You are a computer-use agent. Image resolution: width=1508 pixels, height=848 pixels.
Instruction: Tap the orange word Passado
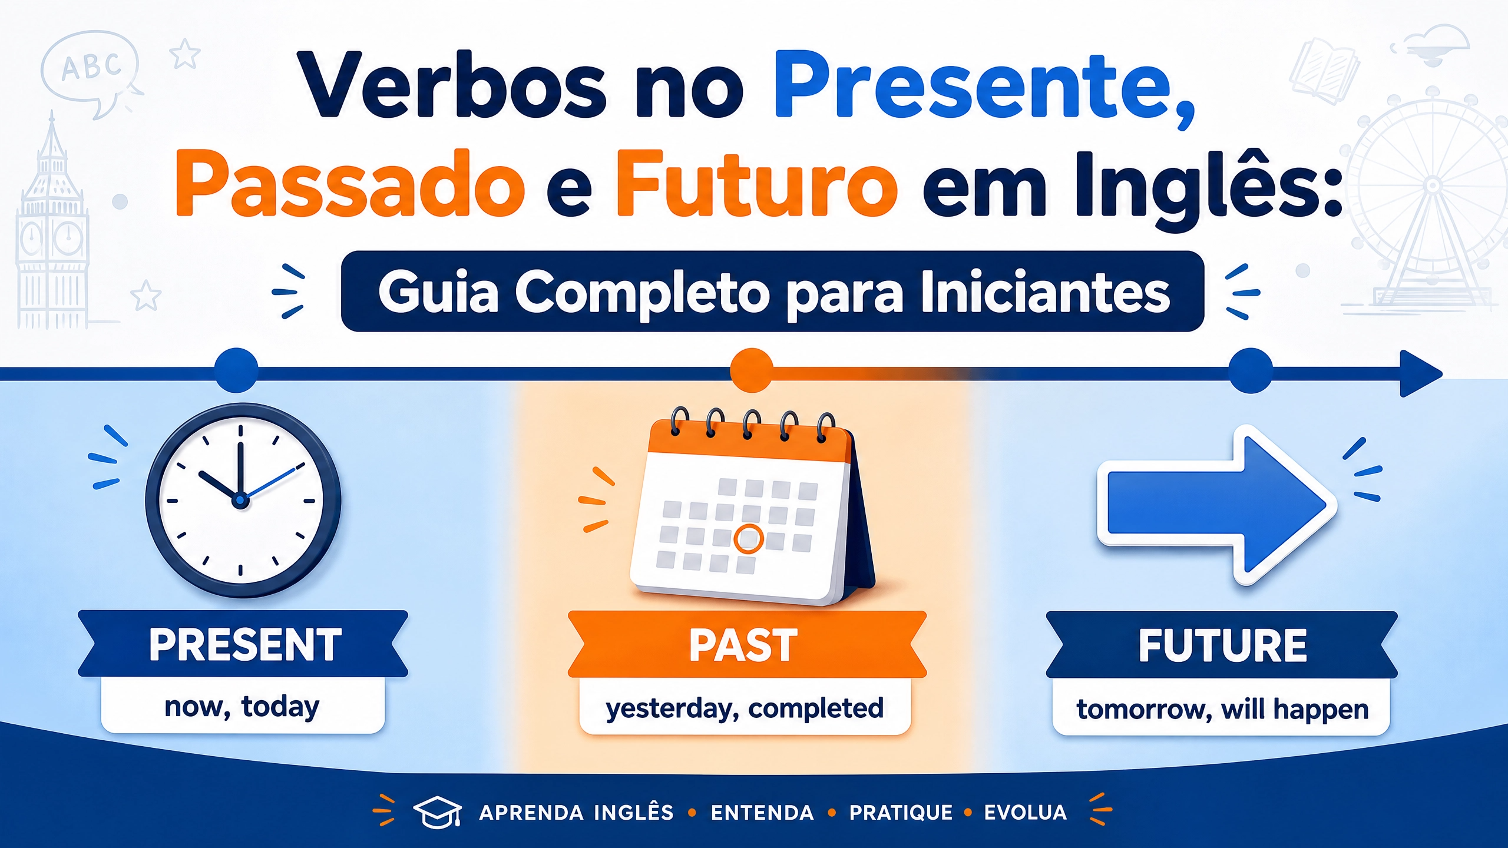[x=350, y=184]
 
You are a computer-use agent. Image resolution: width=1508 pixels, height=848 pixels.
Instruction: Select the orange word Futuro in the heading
[x=756, y=183]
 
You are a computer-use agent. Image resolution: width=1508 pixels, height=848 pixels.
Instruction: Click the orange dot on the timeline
[x=751, y=370]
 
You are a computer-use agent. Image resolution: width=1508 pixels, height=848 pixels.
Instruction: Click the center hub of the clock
[x=240, y=501]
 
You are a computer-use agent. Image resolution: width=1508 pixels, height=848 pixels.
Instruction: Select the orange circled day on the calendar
[x=749, y=538]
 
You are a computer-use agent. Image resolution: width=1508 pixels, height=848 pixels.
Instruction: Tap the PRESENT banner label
[x=245, y=645]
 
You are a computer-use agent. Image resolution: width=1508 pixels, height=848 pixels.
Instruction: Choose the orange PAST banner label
[x=743, y=646]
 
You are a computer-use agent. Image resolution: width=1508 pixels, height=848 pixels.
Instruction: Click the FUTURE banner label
[x=1222, y=646]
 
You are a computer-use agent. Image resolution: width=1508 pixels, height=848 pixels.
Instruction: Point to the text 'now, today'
[x=242, y=707]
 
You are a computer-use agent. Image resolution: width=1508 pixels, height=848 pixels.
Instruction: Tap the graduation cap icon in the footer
[x=437, y=812]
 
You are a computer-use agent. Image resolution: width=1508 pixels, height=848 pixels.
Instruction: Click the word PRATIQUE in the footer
[x=901, y=813]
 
